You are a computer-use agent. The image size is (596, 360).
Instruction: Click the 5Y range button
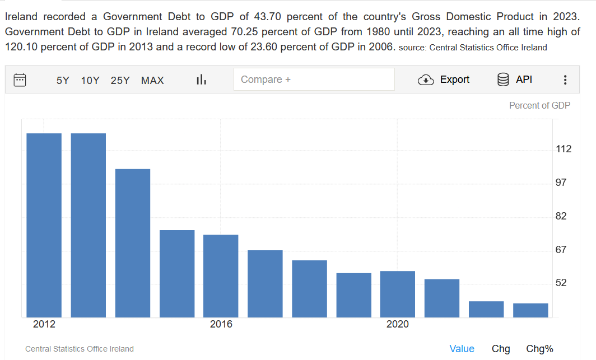pyautogui.click(x=63, y=80)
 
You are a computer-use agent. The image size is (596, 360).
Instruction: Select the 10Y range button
pyautogui.click(x=90, y=80)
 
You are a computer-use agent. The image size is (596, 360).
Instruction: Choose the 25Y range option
pyautogui.click(x=120, y=80)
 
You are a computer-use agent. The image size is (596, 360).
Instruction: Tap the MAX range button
pyautogui.click(x=152, y=80)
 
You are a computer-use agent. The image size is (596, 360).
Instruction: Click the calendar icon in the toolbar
pyautogui.click(x=20, y=80)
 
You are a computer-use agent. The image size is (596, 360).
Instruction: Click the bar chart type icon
pyautogui.click(x=202, y=80)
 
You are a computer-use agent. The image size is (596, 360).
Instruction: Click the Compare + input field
pyautogui.click(x=314, y=80)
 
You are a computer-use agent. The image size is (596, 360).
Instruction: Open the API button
pyautogui.click(x=515, y=80)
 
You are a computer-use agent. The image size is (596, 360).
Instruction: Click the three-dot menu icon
pyautogui.click(x=565, y=80)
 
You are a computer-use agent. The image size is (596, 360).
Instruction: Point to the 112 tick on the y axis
pyautogui.click(x=564, y=149)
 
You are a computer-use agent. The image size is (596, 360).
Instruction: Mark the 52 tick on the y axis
pyautogui.click(x=561, y=283)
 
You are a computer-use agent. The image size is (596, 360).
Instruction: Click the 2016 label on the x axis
pyautogui.click(x=221, y=324)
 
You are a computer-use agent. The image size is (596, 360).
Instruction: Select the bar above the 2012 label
pyautogui.click(x=44, y=225)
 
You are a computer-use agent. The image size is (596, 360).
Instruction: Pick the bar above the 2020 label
pyautogui.click(x=398, y=294)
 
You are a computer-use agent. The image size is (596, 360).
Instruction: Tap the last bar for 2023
pyautogui.click(x=530, y=310)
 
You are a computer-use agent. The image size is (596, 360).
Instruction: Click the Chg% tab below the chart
pyautogui.click(x=539, y=349)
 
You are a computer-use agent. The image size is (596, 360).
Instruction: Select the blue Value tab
pyautogui.click(x=462, y=349)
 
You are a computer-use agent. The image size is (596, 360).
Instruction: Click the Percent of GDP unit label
pyautogui.click(x=539, y=105)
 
